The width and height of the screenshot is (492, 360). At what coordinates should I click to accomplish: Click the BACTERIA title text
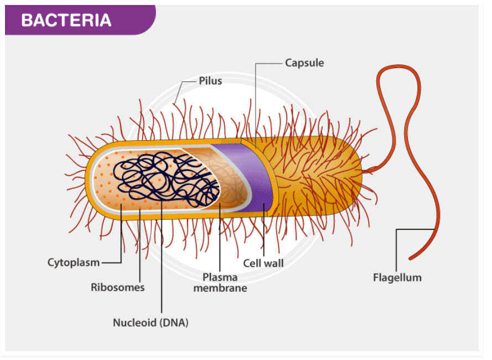coord(66,20)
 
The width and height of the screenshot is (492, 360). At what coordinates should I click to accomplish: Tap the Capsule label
coord(304,63)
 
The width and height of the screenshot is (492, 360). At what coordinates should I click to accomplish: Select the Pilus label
coord(210,81)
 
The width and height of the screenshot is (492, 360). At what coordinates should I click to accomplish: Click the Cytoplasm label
coord(74,263)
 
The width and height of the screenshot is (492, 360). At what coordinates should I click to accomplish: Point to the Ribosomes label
coord(117,287)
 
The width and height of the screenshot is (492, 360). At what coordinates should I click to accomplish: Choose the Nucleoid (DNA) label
coord(151,323)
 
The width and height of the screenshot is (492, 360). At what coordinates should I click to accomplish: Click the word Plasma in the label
coord(220,277)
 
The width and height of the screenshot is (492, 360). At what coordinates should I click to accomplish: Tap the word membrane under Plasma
coord(220,288)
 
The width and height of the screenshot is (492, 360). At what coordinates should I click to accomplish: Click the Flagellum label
coord(397,277)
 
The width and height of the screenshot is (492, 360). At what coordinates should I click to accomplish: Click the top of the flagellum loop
coord(397,68)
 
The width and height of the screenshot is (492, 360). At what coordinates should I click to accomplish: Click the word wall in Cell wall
coord(273,263)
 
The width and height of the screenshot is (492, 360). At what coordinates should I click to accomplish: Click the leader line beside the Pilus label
coord(190,81)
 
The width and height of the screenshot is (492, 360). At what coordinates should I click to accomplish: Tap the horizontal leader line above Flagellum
coord(415,230)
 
